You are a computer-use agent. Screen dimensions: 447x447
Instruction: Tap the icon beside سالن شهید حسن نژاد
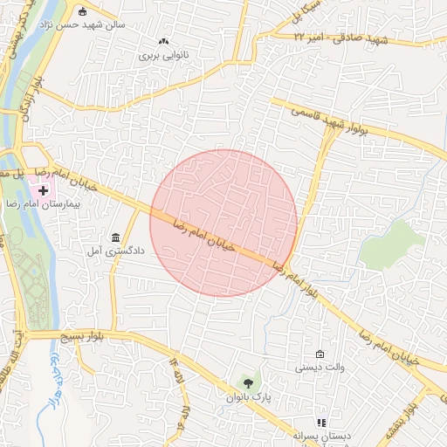point(83,11)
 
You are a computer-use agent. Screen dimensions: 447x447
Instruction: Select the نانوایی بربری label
point(163,54)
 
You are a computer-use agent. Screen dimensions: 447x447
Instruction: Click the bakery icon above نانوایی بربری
point(163,41)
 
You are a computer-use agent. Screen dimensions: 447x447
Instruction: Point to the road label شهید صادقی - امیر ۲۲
point(340,39)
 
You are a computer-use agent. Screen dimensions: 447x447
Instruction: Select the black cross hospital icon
point(43,189)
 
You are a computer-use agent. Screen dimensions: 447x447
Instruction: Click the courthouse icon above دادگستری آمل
point(116,237)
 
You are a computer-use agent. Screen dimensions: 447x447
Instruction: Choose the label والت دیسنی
point(320,368)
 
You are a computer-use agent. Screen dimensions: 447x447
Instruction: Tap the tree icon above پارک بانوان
point(250,383)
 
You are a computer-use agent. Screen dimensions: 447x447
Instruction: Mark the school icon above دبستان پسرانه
point(320,423)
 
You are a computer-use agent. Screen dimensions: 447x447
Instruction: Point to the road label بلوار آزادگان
point(25,101)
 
